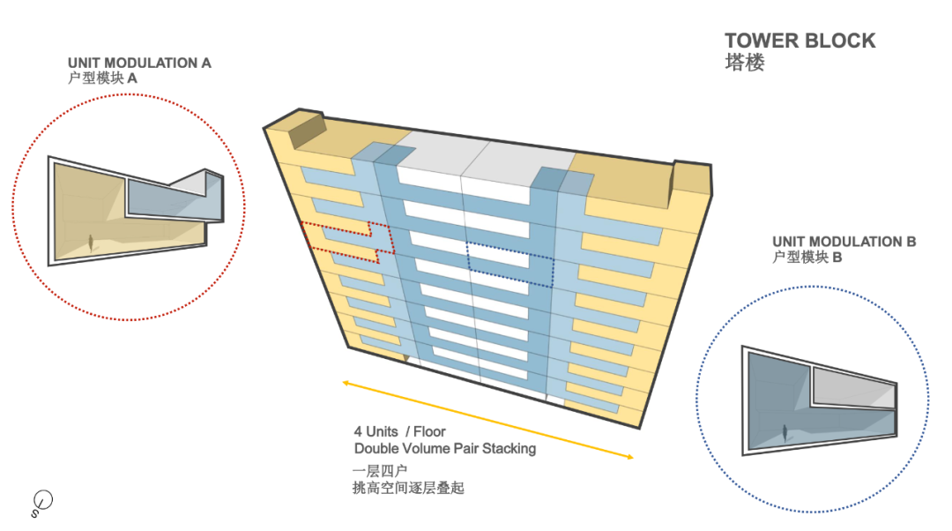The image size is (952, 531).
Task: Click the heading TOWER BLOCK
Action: click(x=800, y=41)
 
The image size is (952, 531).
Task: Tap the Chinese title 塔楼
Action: click(x=744, y=63)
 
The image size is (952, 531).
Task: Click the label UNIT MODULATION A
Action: click(x=139, y=64)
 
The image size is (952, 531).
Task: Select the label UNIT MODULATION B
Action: click(x=844, y=242)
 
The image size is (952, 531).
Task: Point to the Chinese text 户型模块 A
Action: click(x=102, y=79)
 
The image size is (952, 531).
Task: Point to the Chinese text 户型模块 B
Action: click(x=807, y=258)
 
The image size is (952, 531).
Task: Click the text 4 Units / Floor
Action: click(x=399, y=431)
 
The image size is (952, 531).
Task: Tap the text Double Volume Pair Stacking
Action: click(x=444, y=448)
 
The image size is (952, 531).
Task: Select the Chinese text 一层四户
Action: click(x=379, y=470)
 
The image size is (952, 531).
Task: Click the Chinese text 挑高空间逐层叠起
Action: click(x=407, y=487)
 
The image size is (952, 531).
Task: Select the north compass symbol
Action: click(x=41, y=502)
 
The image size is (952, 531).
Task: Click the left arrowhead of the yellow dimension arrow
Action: click(x=346, y=383)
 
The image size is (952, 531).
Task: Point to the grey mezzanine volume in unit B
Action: click(x=851, y=385)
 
